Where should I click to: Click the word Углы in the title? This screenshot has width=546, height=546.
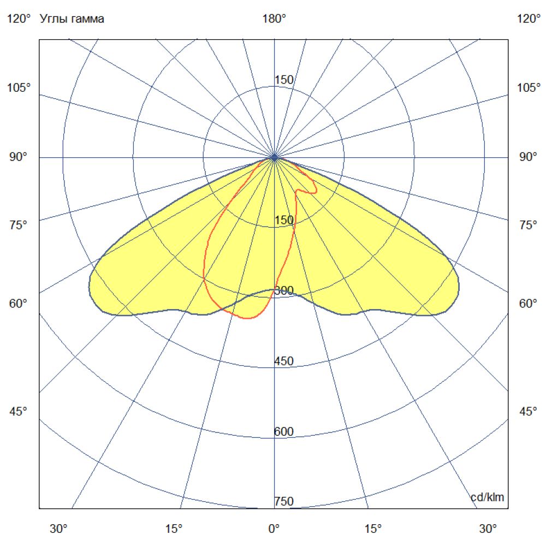coord(52,19)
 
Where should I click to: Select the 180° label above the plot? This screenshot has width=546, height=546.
coord(274,19)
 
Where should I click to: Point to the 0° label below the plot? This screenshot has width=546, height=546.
coord(274,529)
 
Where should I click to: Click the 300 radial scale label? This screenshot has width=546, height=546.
coord(284,290)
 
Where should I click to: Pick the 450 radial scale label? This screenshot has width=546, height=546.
coord(284,361)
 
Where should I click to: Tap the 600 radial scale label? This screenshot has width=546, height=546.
coord(284,432)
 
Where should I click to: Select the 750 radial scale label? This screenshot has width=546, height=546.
coord(284,501)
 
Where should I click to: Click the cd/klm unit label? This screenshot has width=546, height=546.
coord(488,497)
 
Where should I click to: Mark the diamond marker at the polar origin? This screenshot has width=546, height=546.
coord(275,157)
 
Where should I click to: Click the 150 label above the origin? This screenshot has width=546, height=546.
coord(284,80)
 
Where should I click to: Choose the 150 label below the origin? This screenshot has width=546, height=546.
coord(284,220)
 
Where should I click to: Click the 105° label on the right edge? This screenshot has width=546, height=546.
coord(529,88)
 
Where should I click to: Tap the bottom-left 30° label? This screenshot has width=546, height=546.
coord(59,529)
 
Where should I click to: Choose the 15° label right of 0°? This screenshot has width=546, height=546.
coord(373,529)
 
